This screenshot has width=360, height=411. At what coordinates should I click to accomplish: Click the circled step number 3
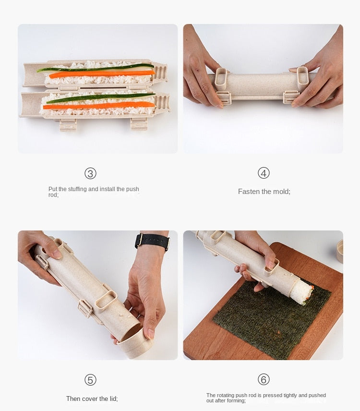tap(90, 173)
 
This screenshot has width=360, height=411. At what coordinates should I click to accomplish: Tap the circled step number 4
tap(264, 173)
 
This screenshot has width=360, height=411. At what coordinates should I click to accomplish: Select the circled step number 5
tap(90, 380)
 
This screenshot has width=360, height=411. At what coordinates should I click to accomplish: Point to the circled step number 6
tap(264, 379)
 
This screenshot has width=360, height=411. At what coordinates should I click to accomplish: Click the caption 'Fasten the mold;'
tap(264, 192)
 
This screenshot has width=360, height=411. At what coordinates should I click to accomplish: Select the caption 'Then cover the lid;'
tap(92, 399)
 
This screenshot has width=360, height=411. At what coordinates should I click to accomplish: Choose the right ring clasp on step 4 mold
tap(302, 78)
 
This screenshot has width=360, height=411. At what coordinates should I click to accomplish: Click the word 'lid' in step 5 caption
tap(111, 399)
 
